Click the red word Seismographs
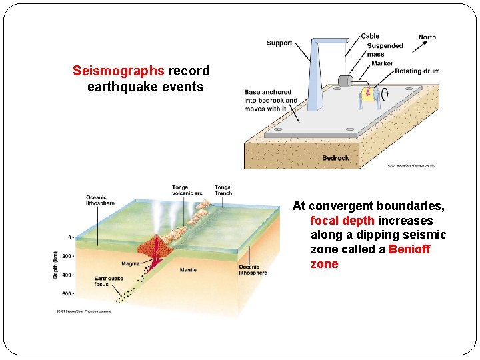pyautogui.click(x=118, y=71)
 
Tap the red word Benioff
pyautogui.click(x=409, y=249)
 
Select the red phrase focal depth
pyautogui.click(x=342, y=221)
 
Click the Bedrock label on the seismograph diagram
pyautogui.click(x=335, y=158)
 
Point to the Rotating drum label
pyautogui.click(x=417, y=71)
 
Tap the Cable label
pyautogui.click(x=370, y=36)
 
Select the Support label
pyautogui.click(x=279, y=43)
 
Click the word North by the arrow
pyautogui.click(x=427, y=37)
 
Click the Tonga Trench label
pyautogui.click(x=223, y=190)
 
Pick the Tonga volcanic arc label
pyautogui.click(x=187, y=190)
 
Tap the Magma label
pyautogui.click(x=131, y=263)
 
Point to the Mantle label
pyautogui.click(x=188, y=270)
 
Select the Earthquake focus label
pyautogui.click(x=109, y=281)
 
